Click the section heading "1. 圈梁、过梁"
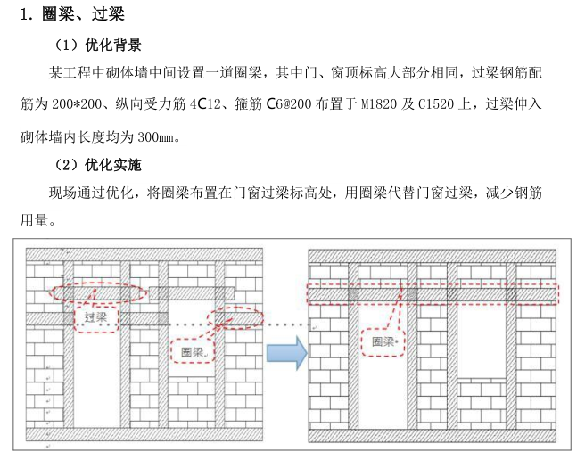point(72,14)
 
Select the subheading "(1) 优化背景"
point(98,45)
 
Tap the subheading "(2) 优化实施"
point(98,165)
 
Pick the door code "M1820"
point(379,103)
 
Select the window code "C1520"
point(436,103)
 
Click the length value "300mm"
point(156,137)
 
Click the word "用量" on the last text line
point(34,220)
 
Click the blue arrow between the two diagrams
point(287,352)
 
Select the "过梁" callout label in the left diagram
point(96,317)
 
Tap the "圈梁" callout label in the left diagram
point(193,351)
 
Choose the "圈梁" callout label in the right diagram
point(383,341)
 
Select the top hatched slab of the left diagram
point(144,255)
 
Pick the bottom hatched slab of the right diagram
point(432,436)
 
